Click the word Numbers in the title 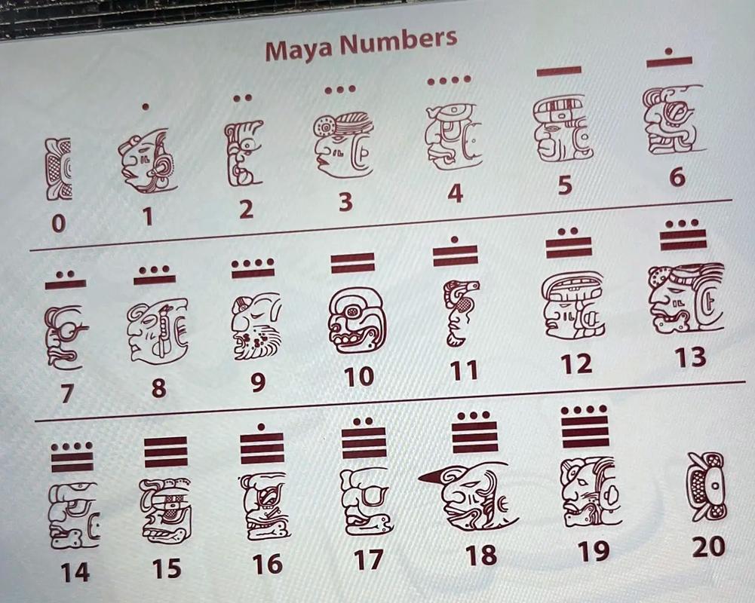point(398,41)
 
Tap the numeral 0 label point(58,224)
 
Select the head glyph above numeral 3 point(343,143)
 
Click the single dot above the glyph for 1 point(146,107)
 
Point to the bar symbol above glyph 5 point(559,71)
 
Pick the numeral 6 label point(677,177)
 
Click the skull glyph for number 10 point(356,320)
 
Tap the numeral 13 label point(690,357)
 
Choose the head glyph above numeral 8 point(158,330)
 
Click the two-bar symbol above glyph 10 point(353,263)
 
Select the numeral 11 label point(464,371)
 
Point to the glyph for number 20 point(705,486)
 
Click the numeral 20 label point(708,547)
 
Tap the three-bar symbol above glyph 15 point(166,452)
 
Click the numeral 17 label point(368,560)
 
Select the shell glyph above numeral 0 point(58,169)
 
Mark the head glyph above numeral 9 point(256,327)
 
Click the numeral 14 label point(75,573)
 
